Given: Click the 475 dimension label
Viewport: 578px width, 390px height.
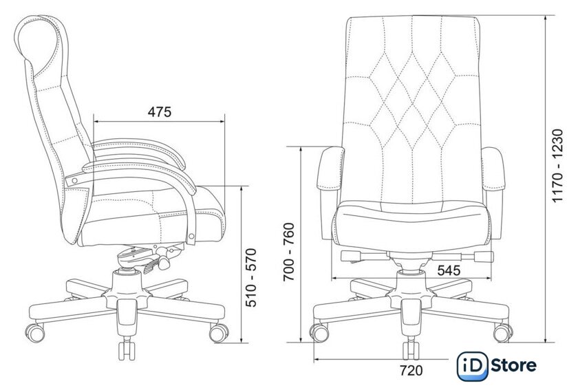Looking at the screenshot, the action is coord(160,111).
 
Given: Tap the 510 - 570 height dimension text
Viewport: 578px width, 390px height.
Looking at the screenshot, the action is coord(251,278).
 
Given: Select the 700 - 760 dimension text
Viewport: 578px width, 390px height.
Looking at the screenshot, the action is coord(290,252).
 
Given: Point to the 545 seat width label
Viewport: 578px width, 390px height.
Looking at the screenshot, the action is coord(449,270).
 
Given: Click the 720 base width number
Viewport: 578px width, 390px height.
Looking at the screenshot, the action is coord(411,370).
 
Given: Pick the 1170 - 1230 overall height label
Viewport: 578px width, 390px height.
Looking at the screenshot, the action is coord(558,166).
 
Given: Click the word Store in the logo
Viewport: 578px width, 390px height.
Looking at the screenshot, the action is coord(513,366).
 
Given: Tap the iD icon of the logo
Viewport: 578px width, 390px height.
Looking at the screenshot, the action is coord(472,366).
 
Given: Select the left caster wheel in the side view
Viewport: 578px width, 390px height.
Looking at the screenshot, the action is coord(35,332).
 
